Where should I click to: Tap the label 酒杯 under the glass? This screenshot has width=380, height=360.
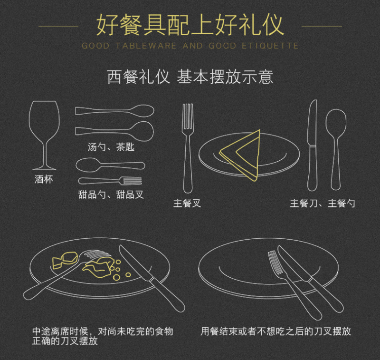pos(44,179)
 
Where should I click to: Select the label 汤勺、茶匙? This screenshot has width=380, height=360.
pos(111,147)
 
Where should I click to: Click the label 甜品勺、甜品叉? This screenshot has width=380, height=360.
pos(111,195)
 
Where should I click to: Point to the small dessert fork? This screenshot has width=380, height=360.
pos(110,181)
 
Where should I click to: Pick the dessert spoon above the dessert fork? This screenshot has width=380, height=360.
pos(110,165)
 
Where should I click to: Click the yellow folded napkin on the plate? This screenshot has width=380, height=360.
pos(240,155)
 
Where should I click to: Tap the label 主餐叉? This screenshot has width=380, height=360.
pos(187,203)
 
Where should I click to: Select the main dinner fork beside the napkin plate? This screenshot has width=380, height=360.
pos(188,148)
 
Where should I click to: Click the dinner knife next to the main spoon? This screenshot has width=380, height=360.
pos(313,146)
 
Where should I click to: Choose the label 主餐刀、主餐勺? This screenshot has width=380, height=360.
pos(323,203)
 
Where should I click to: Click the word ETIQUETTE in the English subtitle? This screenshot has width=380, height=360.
pos(270,46)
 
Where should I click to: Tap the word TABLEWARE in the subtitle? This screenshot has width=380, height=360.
pos(146,46)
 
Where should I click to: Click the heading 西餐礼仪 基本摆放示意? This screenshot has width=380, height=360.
pos(190,77)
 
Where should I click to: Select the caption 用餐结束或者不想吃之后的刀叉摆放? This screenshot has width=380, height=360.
pos(276,331)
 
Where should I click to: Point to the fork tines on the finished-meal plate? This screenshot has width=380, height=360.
pos(275,263)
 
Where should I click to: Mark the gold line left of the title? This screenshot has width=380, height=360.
pos(58,26)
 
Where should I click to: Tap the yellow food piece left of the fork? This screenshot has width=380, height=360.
pos(65,260)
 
